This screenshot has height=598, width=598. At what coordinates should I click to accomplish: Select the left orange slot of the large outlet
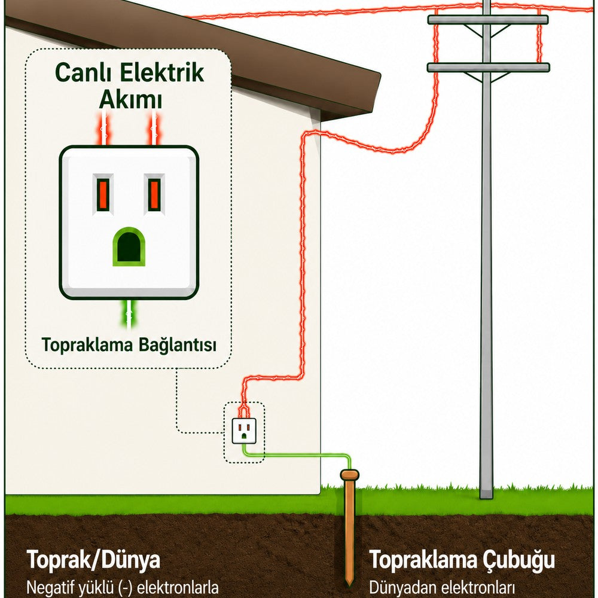point(103,194)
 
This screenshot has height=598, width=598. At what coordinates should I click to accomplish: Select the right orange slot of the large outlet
point(154,194)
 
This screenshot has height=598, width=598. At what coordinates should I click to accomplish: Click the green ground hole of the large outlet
point(129,247)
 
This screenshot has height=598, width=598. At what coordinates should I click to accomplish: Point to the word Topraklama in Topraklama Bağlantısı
point(87,345)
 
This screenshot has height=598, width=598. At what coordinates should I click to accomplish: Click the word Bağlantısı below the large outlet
point(178,345)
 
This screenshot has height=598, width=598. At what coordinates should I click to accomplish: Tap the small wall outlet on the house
point(244,431)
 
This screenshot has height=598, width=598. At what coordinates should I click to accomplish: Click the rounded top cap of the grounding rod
point(350,475)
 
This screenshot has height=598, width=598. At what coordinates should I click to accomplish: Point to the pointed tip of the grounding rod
point(349,585)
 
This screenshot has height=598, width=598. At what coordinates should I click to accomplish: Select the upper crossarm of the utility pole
point(488,20)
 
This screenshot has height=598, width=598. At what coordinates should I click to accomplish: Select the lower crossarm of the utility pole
point(489,68)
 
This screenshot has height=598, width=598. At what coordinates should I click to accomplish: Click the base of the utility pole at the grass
point(486,495)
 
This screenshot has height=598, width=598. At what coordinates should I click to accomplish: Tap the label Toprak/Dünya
point(93,560)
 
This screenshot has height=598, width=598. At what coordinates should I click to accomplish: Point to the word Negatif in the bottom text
point(47,588)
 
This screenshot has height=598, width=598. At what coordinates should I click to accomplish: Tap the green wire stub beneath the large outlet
point(129,315)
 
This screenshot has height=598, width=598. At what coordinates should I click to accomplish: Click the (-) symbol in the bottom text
point(124,588)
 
